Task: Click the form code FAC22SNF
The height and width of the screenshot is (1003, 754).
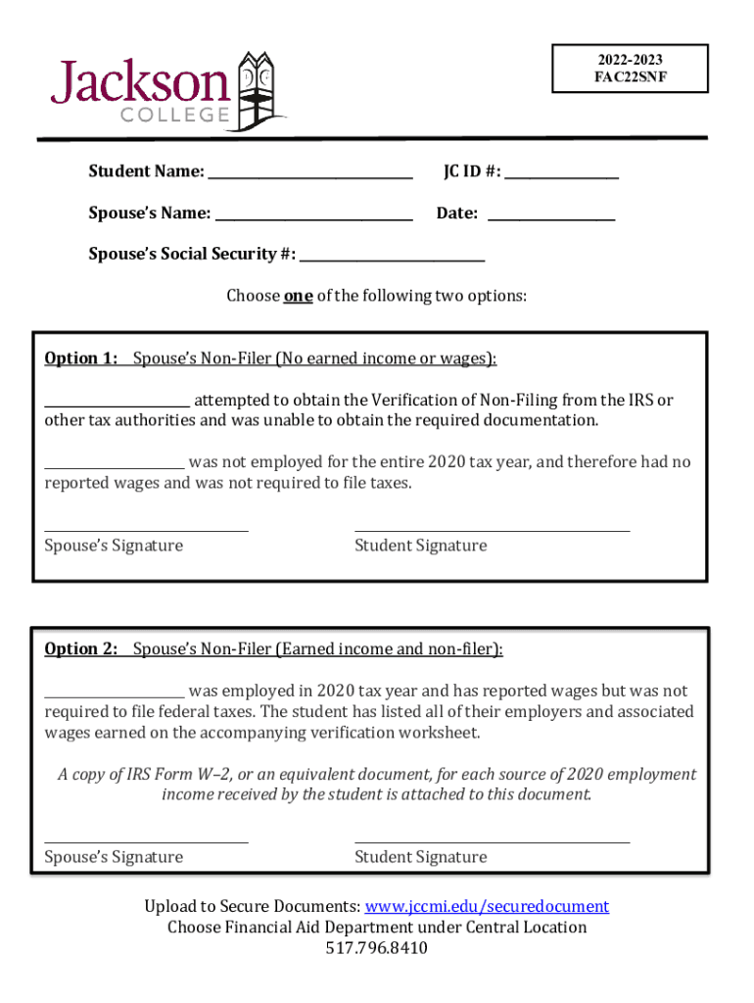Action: (629, 76)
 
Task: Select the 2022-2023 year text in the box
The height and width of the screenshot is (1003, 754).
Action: (629, 61)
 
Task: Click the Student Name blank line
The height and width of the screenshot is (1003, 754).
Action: (310, 174)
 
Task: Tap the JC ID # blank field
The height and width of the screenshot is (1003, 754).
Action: (561, 174)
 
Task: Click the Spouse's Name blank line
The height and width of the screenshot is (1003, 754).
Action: (314, 215)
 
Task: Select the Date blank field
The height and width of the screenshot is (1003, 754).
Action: (550, 215)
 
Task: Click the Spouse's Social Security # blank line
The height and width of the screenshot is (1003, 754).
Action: (392, 257)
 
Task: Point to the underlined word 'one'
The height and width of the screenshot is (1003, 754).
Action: (298, 296)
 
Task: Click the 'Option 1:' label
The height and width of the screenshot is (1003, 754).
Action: (81, 358)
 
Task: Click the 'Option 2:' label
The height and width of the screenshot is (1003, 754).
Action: (81, 648)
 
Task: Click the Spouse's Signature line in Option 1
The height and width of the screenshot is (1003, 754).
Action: (146, 530)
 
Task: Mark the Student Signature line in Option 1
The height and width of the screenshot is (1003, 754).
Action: (492, 530)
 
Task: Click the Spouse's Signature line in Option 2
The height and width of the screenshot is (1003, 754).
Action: (146, 840)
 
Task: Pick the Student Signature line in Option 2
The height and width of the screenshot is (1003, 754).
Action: (492, 840)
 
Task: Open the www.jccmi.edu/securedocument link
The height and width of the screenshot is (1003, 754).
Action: (487, 906)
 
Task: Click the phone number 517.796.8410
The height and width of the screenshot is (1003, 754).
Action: (377, 948)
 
